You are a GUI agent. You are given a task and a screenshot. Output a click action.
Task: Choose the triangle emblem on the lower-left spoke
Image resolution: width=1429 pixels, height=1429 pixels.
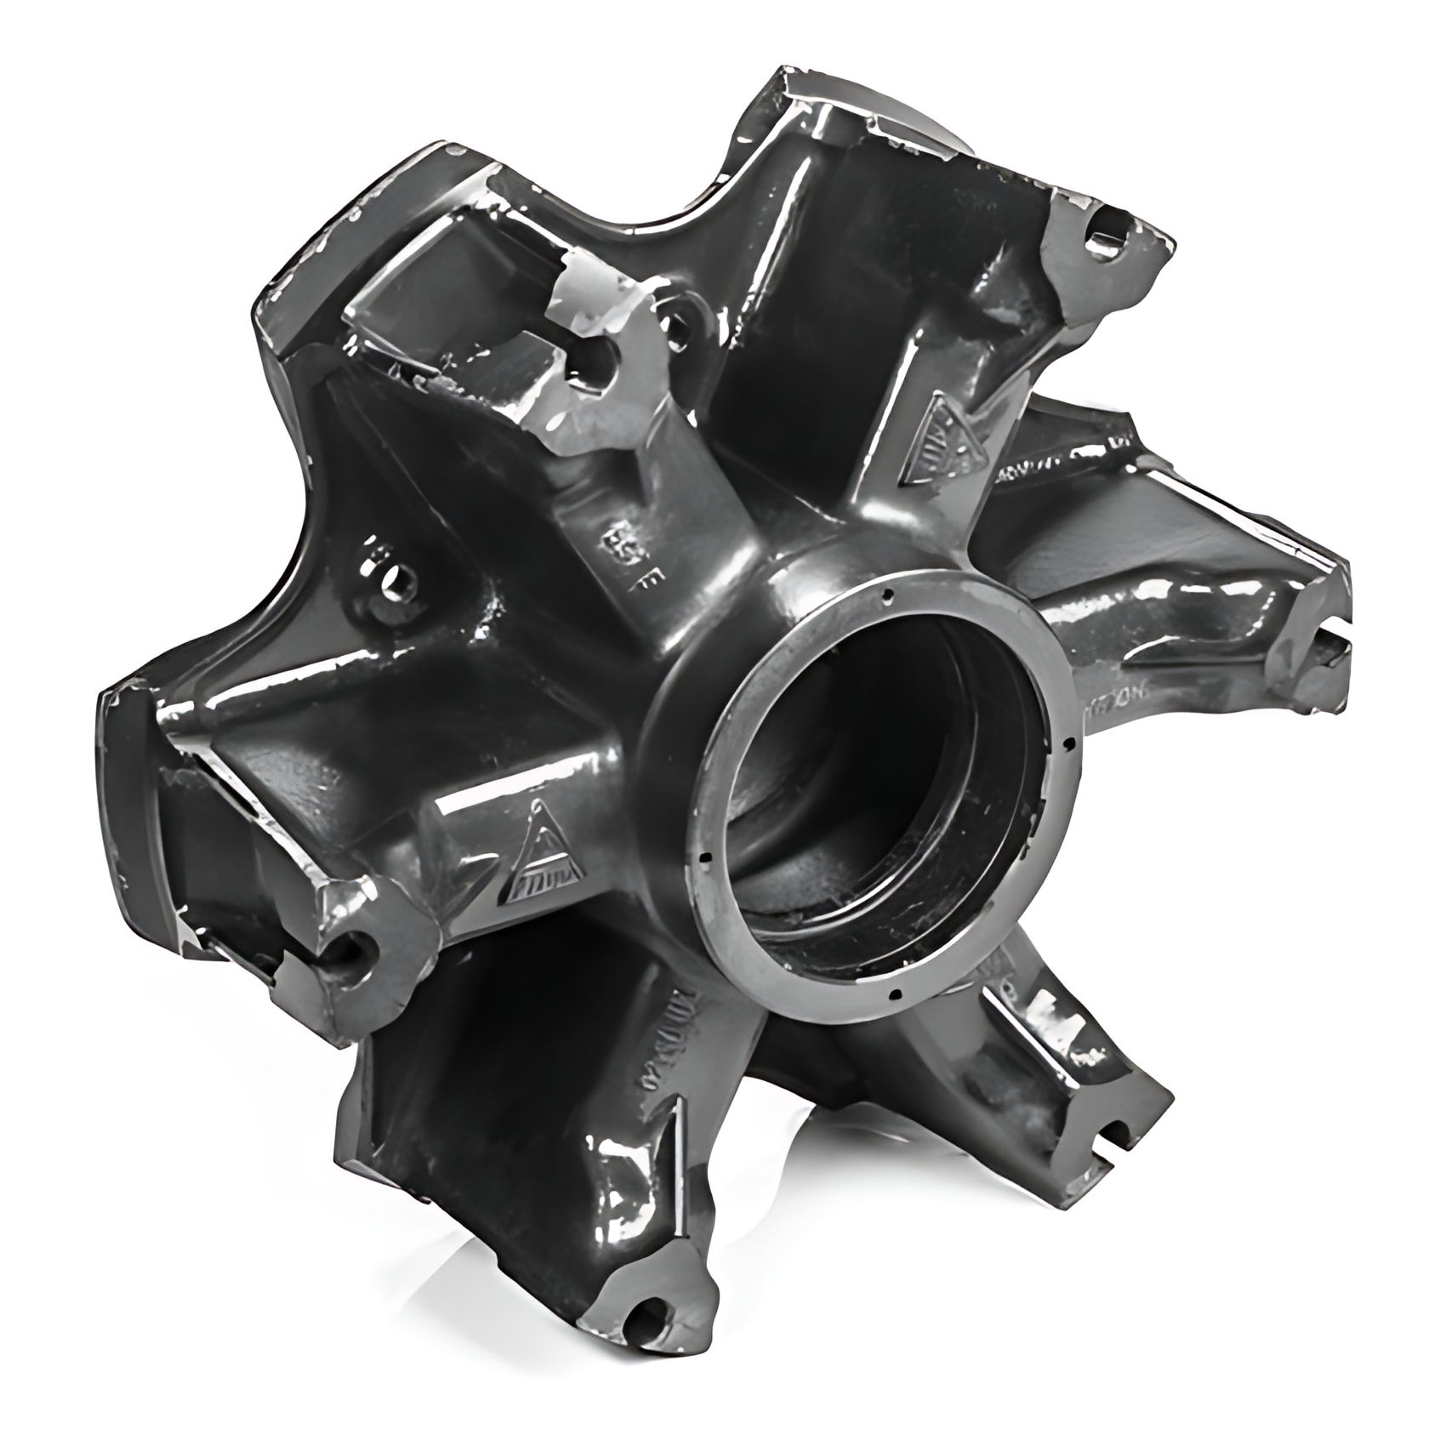(x=541, y=855)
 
